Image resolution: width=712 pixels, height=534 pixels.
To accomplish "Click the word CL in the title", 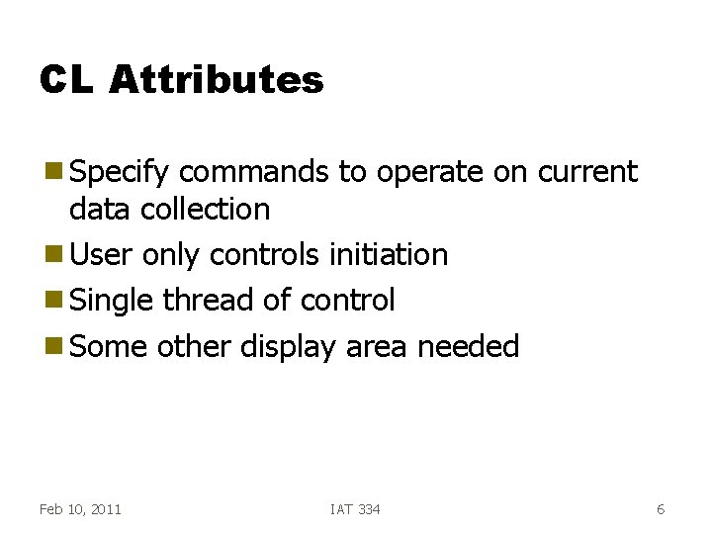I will coord(65,79).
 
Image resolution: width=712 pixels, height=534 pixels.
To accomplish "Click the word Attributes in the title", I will coord(217,79).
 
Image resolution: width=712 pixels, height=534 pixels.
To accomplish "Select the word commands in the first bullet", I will coord(254,172).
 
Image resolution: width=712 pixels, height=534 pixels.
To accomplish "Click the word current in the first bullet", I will coord(588,172).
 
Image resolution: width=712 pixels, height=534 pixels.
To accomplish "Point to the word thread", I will coord(205,300).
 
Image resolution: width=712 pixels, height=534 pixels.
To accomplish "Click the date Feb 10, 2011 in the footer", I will coord(80,509).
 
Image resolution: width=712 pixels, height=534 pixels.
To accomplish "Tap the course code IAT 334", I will coord(355,509).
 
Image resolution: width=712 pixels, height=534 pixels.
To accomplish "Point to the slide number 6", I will coord(661,509).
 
